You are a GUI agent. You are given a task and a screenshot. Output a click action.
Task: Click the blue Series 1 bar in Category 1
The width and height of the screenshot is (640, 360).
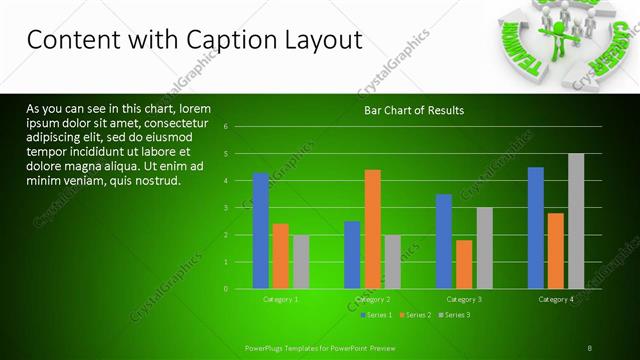tap(261, 231)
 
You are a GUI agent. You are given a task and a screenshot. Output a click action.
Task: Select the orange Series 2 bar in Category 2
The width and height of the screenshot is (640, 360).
tap(372, 229)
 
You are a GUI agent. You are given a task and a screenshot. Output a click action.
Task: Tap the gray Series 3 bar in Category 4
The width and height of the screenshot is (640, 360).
tap(575, 221)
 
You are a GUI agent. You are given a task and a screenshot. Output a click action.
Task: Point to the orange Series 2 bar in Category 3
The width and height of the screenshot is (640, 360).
tap(464, 264)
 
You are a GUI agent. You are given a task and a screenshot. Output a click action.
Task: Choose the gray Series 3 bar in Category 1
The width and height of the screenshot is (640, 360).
tap(301, 261)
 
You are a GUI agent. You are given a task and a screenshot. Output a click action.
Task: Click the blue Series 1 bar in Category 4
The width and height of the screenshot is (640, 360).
tap(536, 228)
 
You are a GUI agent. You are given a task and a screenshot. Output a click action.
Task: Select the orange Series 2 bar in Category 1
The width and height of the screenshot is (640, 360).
tap(281, 256)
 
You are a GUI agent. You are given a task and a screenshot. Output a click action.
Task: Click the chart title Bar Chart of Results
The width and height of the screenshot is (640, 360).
tap(413, 110)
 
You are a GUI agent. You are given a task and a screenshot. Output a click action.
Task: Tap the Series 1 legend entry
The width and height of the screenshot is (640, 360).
tap(377, 315)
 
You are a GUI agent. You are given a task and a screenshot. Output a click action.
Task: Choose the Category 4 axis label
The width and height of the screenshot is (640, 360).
tap(555, 299)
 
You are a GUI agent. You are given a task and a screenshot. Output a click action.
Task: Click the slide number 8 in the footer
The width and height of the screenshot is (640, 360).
tap(590, 347)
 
